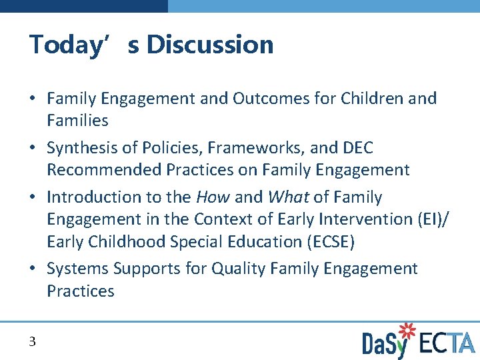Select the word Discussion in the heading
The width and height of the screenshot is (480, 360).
pos(210,45)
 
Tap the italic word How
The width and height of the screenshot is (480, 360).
pos(213,197)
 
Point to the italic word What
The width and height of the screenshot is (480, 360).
pos(289,197)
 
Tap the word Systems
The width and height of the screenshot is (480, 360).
pos(77,269)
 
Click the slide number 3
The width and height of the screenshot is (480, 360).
pos(32,342)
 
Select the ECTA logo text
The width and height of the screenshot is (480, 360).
pos(447,343)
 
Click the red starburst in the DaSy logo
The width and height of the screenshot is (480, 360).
pos(405,331)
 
